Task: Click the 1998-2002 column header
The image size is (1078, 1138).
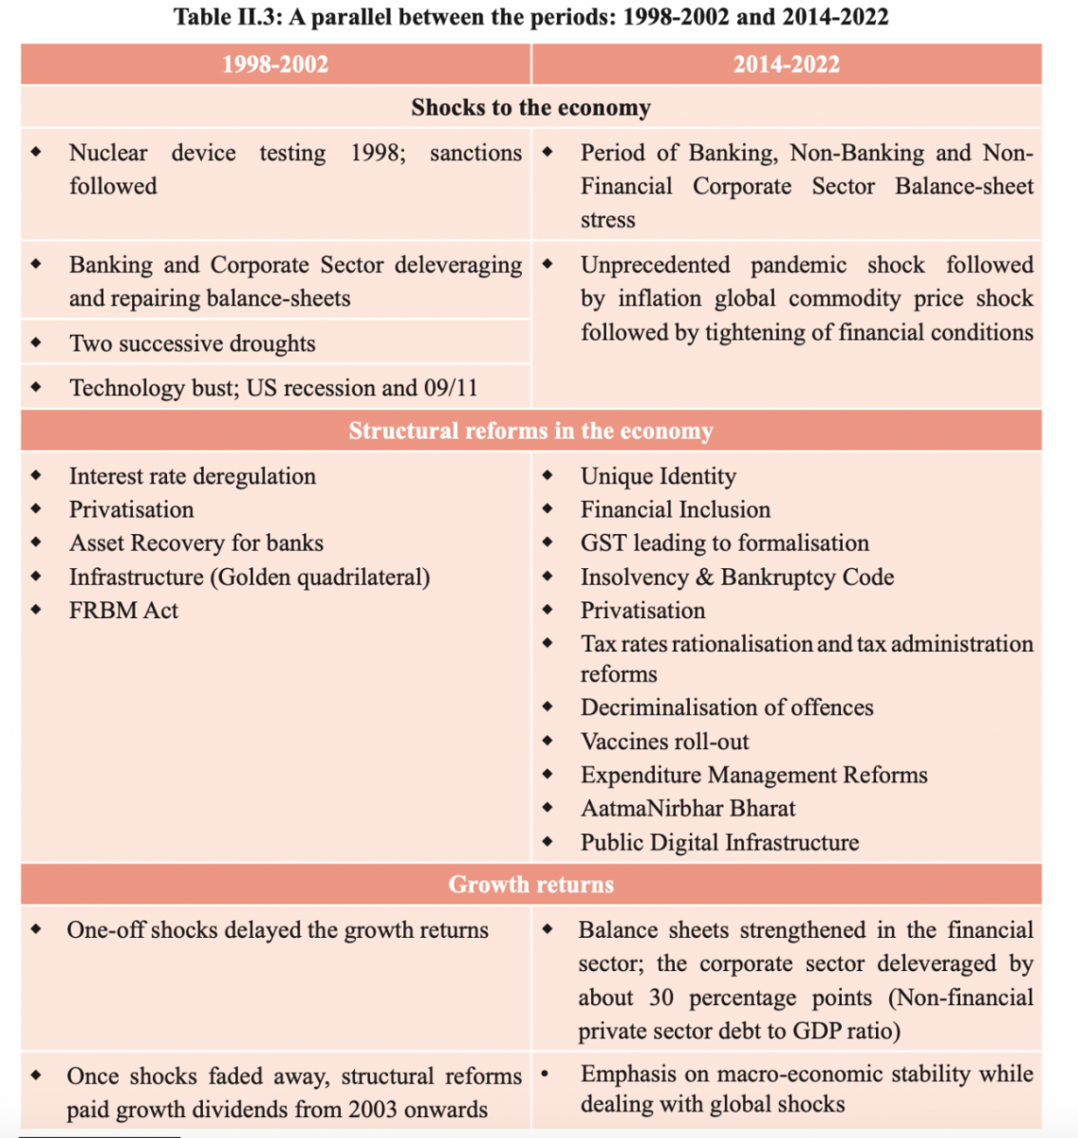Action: (x=275, y=64)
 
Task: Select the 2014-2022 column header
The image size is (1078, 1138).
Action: (x=786, y=64)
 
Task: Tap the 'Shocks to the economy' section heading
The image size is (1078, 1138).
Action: (x=530, y=107)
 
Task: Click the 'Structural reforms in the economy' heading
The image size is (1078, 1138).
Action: (x=530, y=431)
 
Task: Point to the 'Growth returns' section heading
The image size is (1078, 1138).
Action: (x=530, y=884)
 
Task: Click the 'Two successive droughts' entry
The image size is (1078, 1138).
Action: (x=192, y=343)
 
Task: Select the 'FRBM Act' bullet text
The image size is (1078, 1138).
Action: (x=123, y=611)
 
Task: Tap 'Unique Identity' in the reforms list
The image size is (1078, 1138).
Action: (x=658, y=476)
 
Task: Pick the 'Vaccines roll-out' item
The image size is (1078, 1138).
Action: (x=664, y=742)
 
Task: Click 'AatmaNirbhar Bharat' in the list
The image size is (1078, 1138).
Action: (x=688, y=809)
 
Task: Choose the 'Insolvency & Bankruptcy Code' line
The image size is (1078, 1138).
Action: (x=736, y=578)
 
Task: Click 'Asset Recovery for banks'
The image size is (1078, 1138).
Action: (x=195, y=543)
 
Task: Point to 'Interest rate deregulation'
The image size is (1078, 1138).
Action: (x=192, y=476)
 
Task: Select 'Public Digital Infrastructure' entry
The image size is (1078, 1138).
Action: (x=719, y=843)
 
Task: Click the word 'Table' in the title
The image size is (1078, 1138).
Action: (x=203, y=17)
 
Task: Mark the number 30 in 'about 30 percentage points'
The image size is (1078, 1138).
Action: (x=661, y=998)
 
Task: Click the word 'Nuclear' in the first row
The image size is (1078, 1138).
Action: (x=108, y=153)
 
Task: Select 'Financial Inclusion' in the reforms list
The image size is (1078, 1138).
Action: (x=675, y=510)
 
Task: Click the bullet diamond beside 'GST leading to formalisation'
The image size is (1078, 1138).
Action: (x=548, y=542)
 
